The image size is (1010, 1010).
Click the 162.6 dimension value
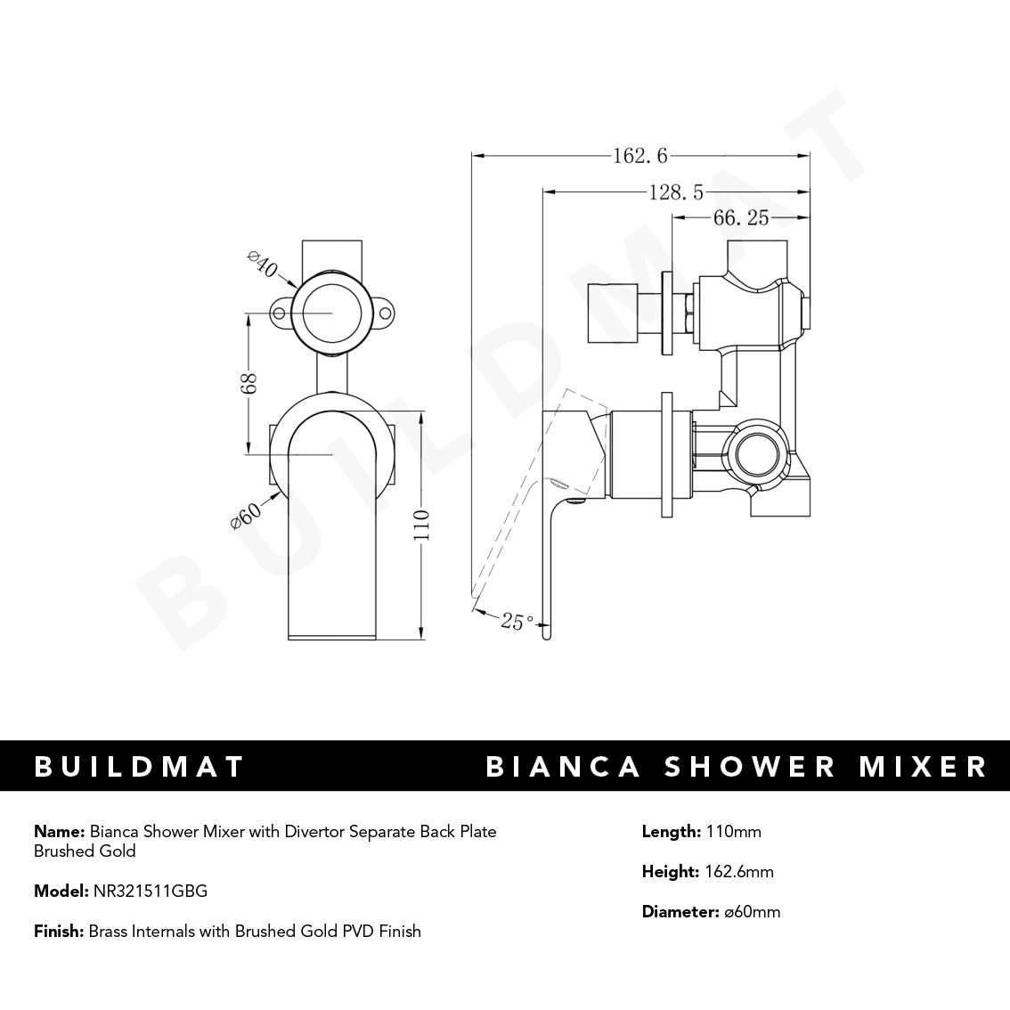639,156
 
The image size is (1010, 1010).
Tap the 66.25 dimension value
740,217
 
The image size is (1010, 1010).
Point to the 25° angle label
517,621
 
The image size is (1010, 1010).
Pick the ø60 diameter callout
246,516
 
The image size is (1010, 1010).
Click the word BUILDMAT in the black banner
139,767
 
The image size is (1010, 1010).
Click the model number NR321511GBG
150,891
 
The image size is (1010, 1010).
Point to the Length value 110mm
732,832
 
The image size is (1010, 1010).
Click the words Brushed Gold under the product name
85,851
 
